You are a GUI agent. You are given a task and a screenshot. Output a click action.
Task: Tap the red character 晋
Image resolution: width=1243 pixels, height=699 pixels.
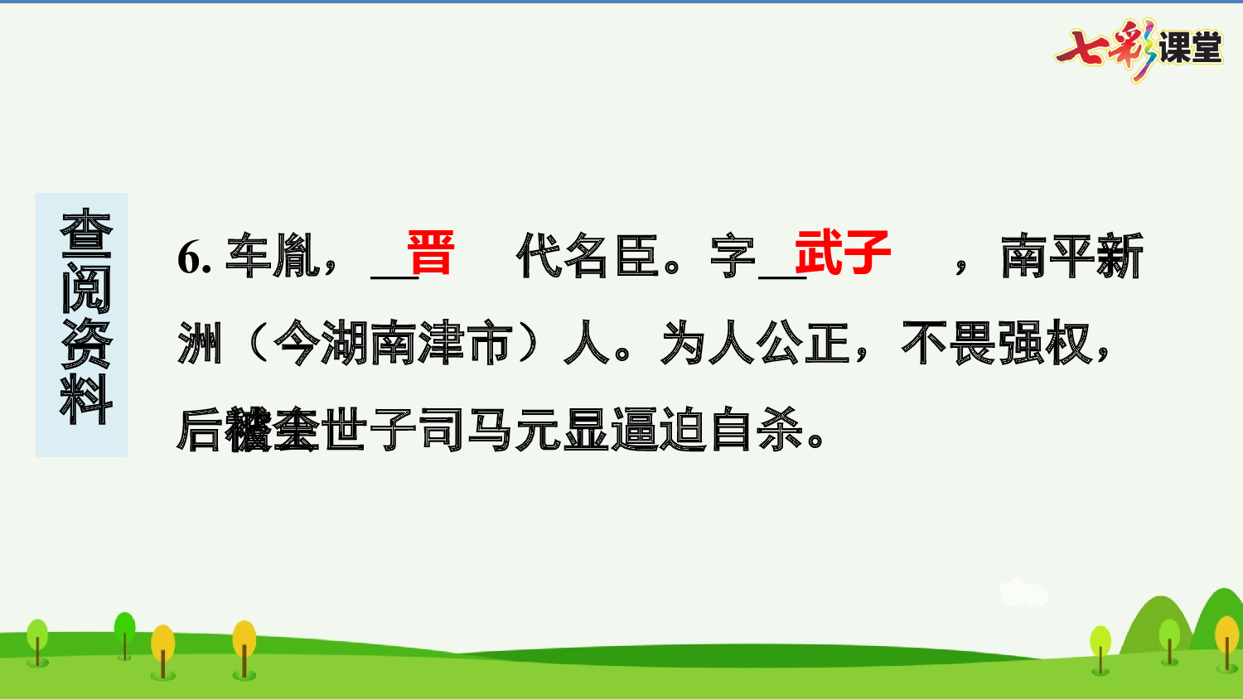click(430, 253)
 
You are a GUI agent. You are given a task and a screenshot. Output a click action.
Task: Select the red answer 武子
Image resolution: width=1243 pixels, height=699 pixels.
click(842, 253)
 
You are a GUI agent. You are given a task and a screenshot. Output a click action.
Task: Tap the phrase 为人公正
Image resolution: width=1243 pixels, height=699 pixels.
click(756, 343)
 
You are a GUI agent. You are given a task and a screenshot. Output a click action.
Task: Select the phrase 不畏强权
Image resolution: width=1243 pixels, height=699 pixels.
click(997, 343)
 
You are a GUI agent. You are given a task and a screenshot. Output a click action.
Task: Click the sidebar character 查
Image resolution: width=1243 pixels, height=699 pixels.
click(85, 234)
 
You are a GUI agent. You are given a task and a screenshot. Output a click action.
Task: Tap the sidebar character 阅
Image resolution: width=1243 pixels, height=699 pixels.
click(85, 289)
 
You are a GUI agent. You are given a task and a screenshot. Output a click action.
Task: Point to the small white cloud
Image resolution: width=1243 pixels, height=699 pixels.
click(1023, 593)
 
